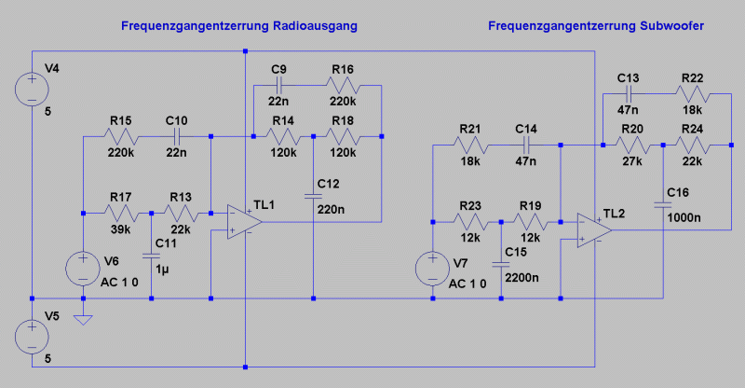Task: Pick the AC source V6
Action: [x=83, y=268]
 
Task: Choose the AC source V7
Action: [x=435, y=268]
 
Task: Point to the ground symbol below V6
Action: [x=83, y=319]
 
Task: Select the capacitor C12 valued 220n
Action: [x=314, y=197]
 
